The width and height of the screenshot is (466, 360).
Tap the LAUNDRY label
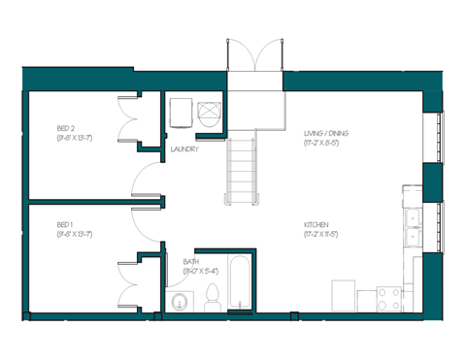coord(184,150)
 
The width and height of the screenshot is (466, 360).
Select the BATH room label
coord(191,261)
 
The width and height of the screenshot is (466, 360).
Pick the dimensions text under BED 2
coord(74,139)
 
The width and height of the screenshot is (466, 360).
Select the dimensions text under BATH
coord(202,272)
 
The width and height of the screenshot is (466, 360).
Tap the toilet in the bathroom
coord(213,301)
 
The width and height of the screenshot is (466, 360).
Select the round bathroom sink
coord(178,303)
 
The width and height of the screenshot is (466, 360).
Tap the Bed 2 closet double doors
coord(130,118)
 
